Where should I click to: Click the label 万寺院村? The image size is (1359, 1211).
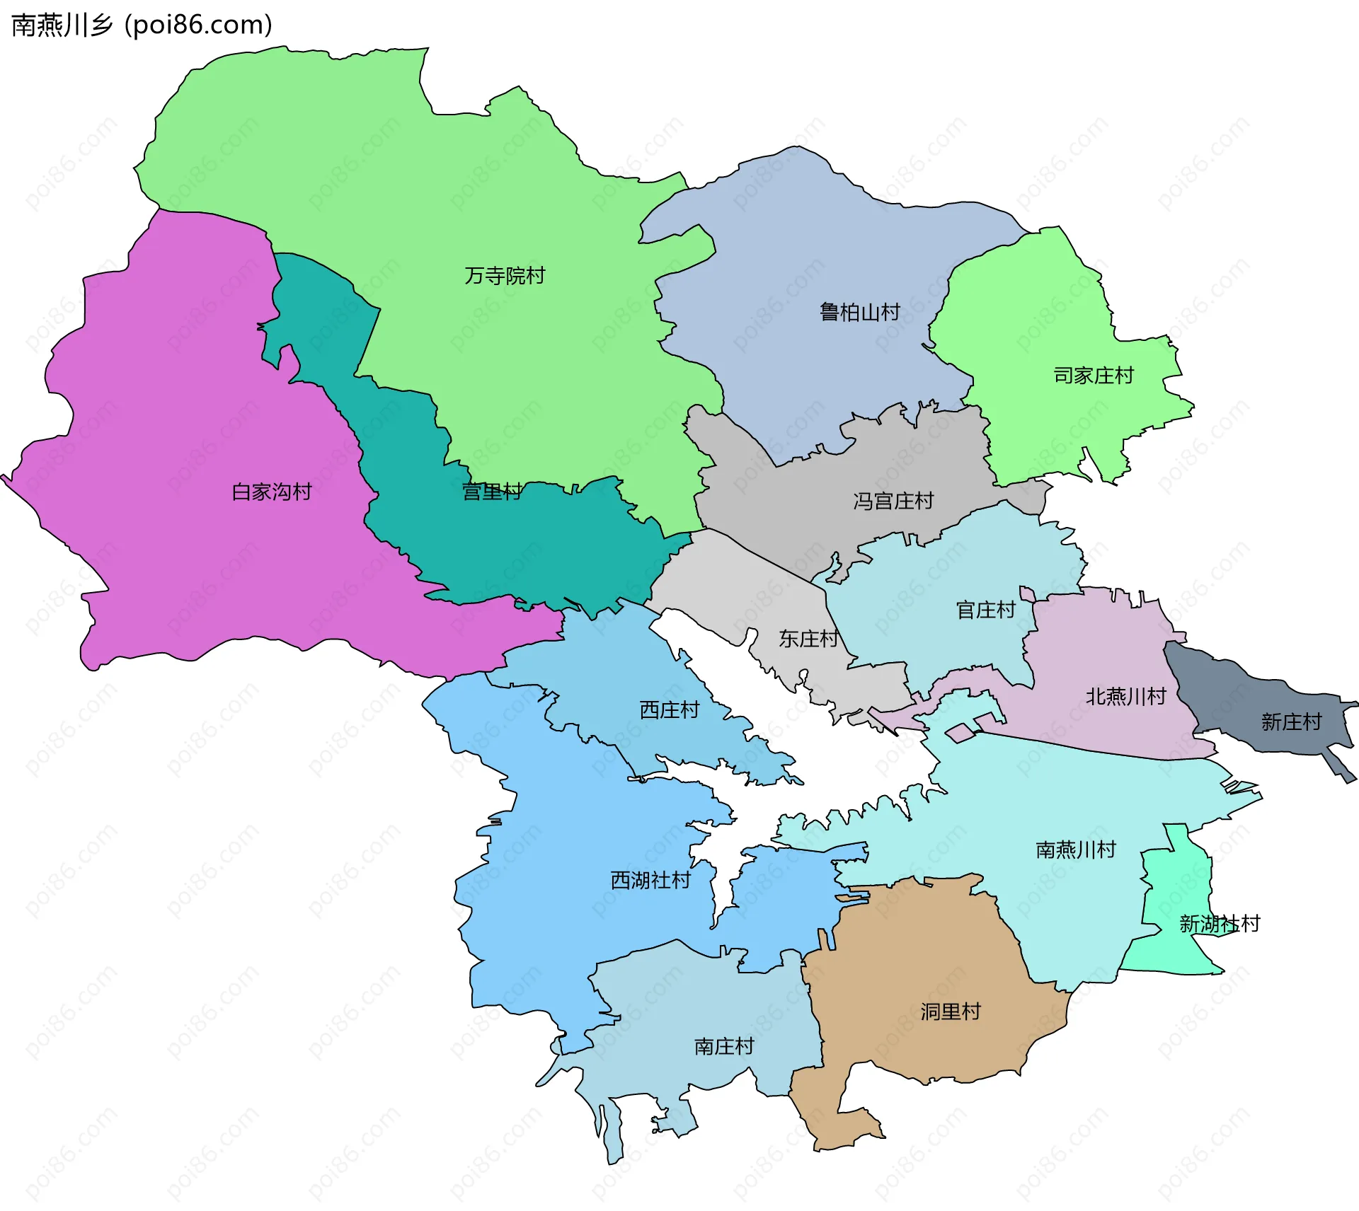505,276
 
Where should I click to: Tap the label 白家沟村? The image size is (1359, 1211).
272,492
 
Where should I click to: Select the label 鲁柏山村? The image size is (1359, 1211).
859,312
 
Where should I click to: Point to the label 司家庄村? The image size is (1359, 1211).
1094,376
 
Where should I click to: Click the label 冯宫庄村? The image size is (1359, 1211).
893,502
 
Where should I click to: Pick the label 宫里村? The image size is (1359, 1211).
492,492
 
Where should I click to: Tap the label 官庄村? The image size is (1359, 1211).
985,610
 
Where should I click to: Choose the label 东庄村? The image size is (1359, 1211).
808,639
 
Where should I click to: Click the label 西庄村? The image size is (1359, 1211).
669,709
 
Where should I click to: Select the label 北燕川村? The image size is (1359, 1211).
1125,697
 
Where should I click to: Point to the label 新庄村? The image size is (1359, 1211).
1291,722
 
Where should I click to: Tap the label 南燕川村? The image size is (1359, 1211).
1075,850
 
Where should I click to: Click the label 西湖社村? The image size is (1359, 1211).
650,881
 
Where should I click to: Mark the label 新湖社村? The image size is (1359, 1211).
1219,924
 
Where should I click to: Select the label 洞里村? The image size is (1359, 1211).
950,1012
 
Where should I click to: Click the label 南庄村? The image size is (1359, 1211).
723,1046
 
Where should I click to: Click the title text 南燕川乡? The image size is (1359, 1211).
62,25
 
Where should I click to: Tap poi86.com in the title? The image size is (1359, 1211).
198,25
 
